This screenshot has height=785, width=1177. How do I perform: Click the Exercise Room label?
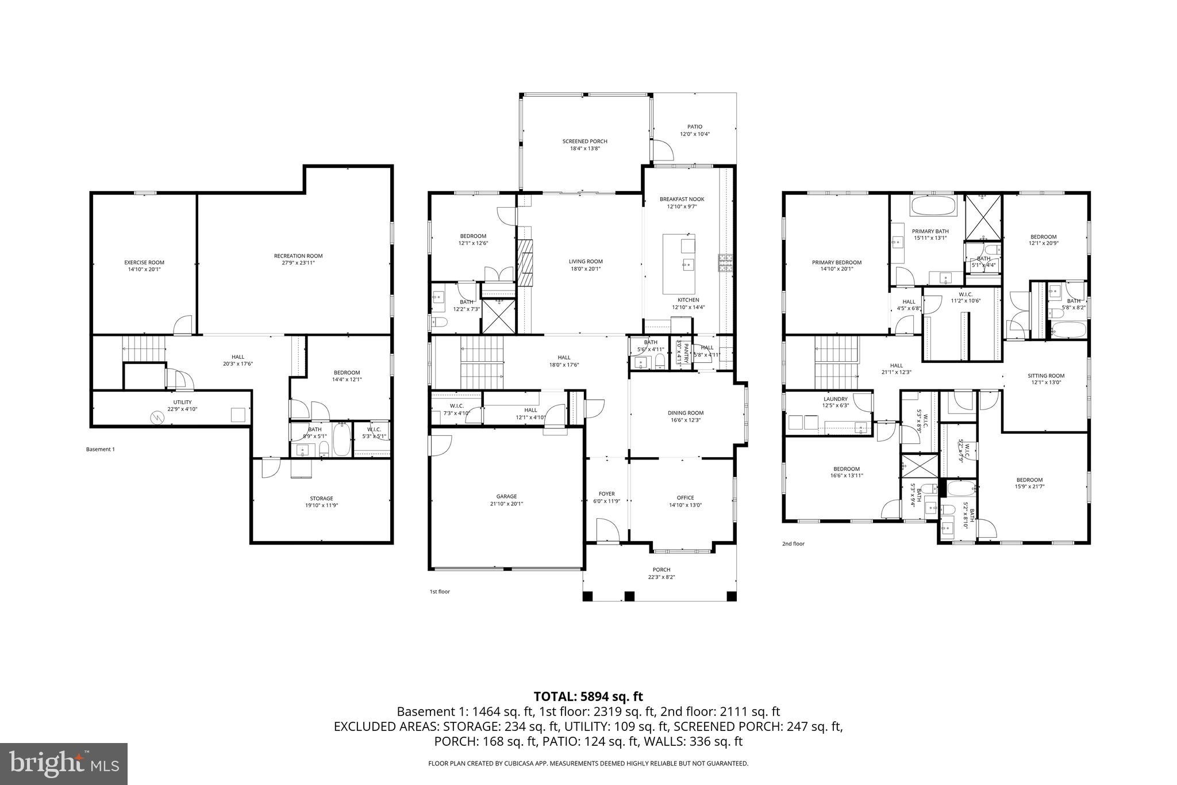coord(144,263)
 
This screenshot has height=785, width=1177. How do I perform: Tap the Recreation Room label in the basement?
coord(298,256)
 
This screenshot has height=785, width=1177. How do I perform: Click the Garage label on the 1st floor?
coord(506,497)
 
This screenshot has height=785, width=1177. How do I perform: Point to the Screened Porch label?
coord(584,141)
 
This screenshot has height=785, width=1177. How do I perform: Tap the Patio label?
coord(695,127)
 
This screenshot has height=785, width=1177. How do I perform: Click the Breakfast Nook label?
coord(682,200)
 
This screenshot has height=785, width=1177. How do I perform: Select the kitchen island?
coord(679,263)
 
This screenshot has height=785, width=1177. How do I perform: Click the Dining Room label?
coord(686,413)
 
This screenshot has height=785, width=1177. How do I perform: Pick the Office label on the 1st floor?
coord(685,498)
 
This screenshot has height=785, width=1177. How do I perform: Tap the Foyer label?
coord(606,494)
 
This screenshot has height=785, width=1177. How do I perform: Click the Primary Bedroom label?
coord(836,263)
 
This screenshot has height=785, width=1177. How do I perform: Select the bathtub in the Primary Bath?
coord(933,206)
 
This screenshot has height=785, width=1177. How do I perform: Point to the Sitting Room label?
coord(1046,376)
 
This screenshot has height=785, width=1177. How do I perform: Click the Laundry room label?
coord(835,399)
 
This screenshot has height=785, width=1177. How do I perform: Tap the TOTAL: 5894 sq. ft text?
coord(588,696)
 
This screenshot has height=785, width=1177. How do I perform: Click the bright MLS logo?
coord(63,764)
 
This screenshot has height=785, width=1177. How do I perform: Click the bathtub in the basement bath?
coord(341,439)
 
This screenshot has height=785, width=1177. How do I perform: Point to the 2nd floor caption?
coord(793,543)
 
